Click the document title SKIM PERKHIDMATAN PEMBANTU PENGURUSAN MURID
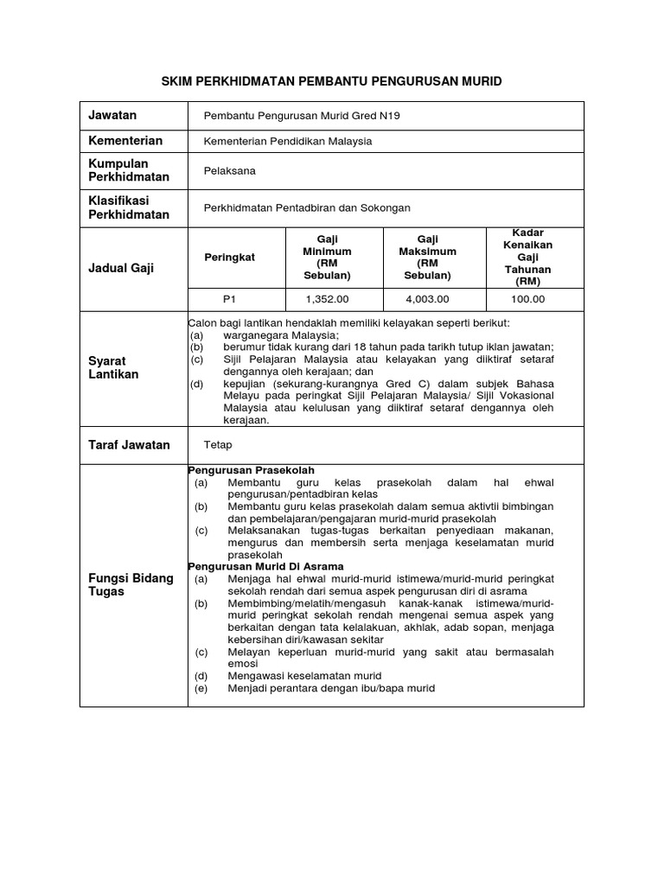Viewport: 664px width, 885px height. pos(331,80)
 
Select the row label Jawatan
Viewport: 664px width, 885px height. pos(112,115)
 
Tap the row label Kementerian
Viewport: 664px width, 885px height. pos(125,140)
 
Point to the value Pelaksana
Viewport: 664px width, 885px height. pos(229,171)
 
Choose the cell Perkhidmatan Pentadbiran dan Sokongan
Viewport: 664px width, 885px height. pos(306,207)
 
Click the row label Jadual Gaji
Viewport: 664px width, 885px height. pos(121,268)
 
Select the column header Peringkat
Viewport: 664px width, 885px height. pos(229,258)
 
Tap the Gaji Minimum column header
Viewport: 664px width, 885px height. pos(327,257)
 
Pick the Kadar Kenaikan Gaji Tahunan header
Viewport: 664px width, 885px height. pos(533,257)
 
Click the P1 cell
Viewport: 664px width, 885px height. pos(229,299)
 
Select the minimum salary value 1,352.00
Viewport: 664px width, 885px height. pos(327,299)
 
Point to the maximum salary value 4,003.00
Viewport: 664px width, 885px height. pos(427,299)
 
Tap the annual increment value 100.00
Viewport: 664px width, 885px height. pos(527,299)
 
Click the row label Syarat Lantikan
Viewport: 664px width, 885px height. pos(107,367)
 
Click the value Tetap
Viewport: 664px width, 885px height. pos(218,445)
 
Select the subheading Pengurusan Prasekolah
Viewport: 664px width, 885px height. pos(252,469)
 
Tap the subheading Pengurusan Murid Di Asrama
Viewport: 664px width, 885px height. pos(265,566)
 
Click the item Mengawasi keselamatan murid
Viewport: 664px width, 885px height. pos(303,675)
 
